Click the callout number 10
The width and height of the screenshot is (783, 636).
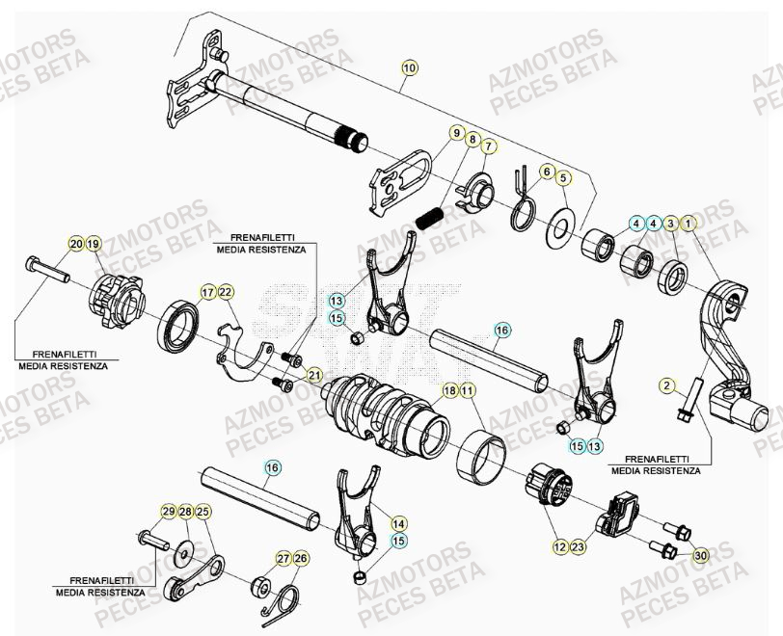(410, 67)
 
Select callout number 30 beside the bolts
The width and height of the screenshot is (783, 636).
(700, 554)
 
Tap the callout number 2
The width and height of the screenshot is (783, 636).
(666, 385)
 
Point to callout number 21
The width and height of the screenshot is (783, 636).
(314, 374)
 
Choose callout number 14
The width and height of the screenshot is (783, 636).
(398, 523)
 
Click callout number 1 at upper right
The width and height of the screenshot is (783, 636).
(688, 224)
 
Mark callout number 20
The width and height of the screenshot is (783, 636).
(75, 244)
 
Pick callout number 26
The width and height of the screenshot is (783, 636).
(301, 558)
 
